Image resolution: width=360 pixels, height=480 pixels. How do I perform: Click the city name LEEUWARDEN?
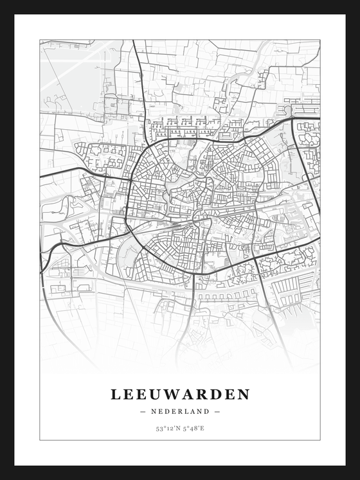[180, 394]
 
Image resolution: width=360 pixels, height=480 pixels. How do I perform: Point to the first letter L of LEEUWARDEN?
[116, 394]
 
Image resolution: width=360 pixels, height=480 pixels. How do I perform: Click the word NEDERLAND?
[180, 411]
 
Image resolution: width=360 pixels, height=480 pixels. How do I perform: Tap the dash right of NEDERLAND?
[217, 411]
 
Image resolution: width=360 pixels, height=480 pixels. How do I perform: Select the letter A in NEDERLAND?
[193, 411]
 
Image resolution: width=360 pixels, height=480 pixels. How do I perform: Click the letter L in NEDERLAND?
[186, 411]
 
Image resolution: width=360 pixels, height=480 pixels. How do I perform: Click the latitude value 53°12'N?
[166, 428]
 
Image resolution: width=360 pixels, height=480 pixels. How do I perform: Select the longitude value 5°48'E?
[194, 428]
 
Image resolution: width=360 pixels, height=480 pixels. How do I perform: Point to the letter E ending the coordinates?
[203, 428]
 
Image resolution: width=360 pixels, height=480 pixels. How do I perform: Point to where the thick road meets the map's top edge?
[133, 41]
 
